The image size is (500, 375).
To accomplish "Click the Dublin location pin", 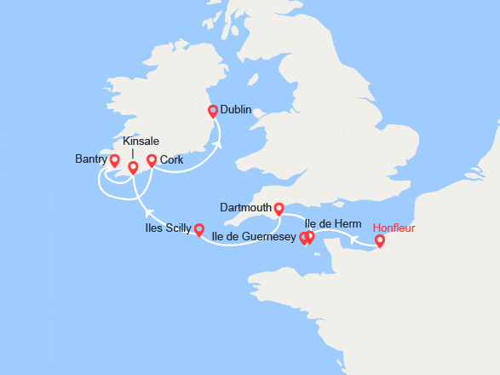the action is tap(213, 110).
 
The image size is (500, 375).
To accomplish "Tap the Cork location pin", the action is tap(152, 159).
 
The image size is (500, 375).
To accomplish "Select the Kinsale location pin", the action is tap(132, 166).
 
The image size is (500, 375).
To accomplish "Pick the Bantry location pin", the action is tap(114, 159).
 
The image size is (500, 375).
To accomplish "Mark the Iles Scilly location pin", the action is tap(198, 228).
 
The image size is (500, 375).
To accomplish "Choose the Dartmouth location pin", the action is tap(278, 207).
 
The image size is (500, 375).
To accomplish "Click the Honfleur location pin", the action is tap(380, 240).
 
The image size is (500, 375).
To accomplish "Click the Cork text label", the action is tap(171, 159).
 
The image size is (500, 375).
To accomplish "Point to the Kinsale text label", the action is tap(141, 141).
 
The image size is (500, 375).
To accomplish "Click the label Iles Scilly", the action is tap(168, 228).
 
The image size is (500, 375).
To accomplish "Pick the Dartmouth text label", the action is tap(245, 207).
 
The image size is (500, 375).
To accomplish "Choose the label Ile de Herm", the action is tap(338, 223).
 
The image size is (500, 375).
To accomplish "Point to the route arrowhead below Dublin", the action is tap(219, 145).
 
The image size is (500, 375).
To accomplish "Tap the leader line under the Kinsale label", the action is tap(132, 153).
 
